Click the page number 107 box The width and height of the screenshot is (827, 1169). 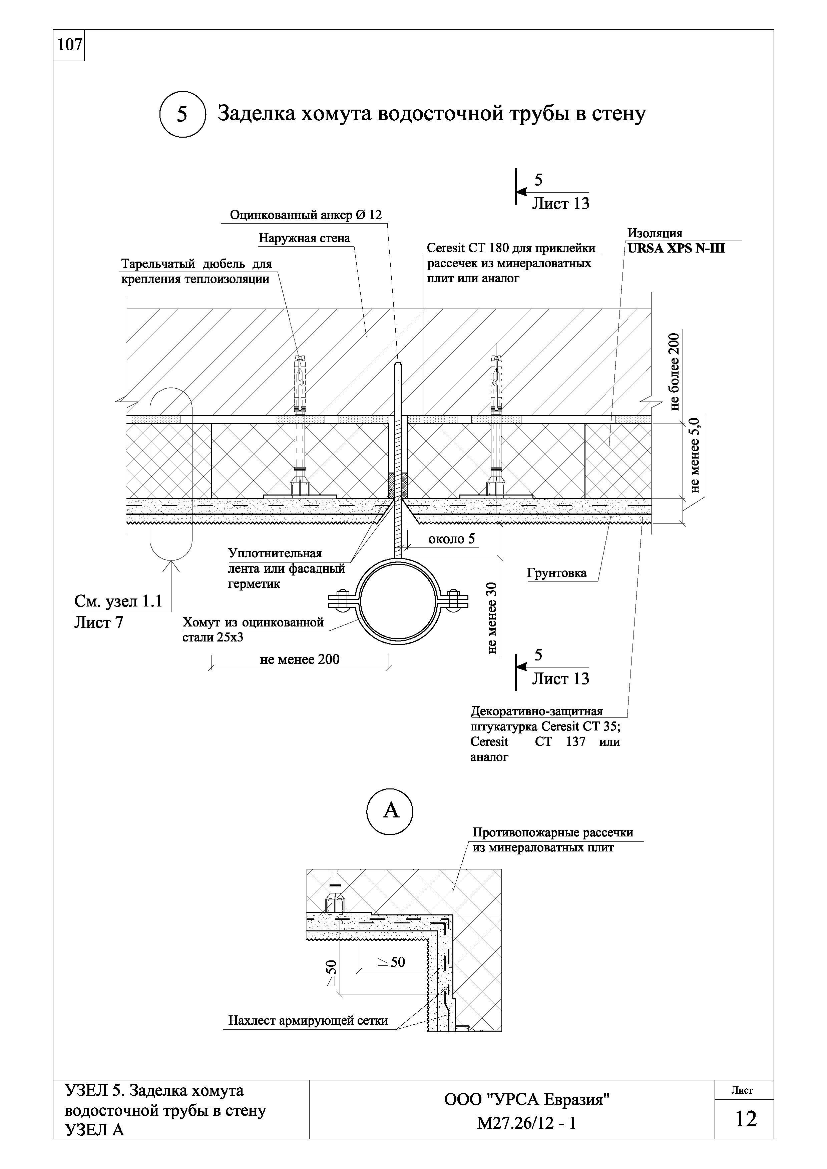[69, 45]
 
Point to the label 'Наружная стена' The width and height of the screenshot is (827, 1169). [304, 238]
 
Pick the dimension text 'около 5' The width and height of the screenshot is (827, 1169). [451, 539]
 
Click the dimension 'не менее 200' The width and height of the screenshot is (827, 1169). [300, 659]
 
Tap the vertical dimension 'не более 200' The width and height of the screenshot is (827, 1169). [674, 372]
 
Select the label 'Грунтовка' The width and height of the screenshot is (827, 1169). [556, 573]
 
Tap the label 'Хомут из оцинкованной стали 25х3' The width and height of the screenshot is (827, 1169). [253, 629]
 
